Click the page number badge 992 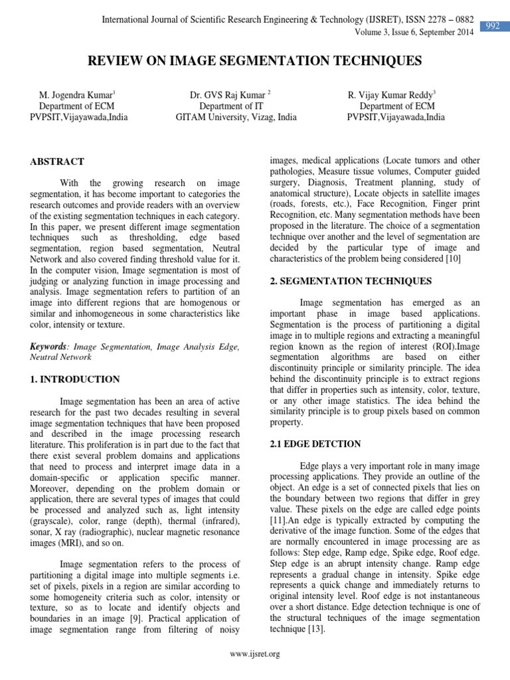493,27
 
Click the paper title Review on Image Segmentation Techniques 255,62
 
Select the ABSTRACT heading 57,161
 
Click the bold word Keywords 49,347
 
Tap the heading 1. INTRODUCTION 75,379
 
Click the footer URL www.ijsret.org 254,654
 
